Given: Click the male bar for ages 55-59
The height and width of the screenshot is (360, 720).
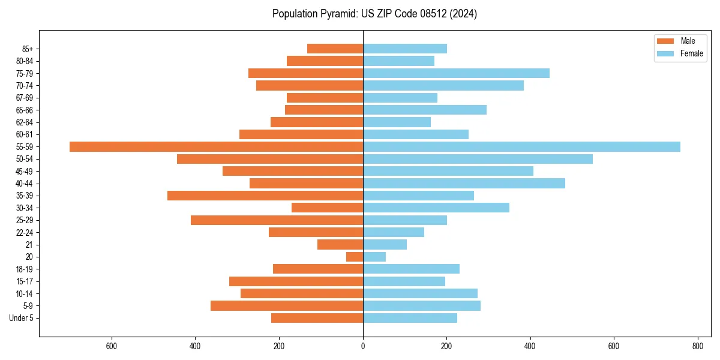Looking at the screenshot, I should click(x=216, y=146).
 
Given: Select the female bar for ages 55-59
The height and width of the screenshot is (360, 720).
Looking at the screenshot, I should click(x=521, y=146).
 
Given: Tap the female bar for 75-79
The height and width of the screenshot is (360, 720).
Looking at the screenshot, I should click(x=456, y=73).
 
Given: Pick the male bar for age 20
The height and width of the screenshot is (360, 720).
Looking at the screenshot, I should click(x=355, y=257).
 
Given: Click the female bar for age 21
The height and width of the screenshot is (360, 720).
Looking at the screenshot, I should click(x=385, y=244).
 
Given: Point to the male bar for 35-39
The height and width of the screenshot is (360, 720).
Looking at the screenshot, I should click(x=265, y=196).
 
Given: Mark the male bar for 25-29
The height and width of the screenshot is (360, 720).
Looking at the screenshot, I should click(x=277, y=220).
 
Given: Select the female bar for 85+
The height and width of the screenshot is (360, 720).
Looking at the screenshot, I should click(x=405, y=49).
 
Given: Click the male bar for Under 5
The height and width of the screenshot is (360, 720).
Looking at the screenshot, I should click(x=317, y=318).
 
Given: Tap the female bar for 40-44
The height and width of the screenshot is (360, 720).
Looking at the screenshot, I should click(x=464, y=183).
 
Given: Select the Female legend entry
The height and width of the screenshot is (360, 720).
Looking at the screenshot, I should click(x=680, y=53).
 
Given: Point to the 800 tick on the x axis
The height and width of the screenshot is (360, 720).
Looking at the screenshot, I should click(x=697, y=346).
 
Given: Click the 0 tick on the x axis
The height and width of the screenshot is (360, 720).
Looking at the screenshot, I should click(x=363, y=346).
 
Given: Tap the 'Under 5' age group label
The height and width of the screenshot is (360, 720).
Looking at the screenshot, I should click(x=21, y=318).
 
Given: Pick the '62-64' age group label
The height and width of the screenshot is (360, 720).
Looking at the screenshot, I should click(x=25, y=122).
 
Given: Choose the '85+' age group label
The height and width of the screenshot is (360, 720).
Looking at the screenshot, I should click(x=27, y=49).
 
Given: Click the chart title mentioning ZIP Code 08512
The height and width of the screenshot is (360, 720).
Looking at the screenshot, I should click(x=374, y=14).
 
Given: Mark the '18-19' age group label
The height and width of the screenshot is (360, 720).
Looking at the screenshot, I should click(x=25, y=269).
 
